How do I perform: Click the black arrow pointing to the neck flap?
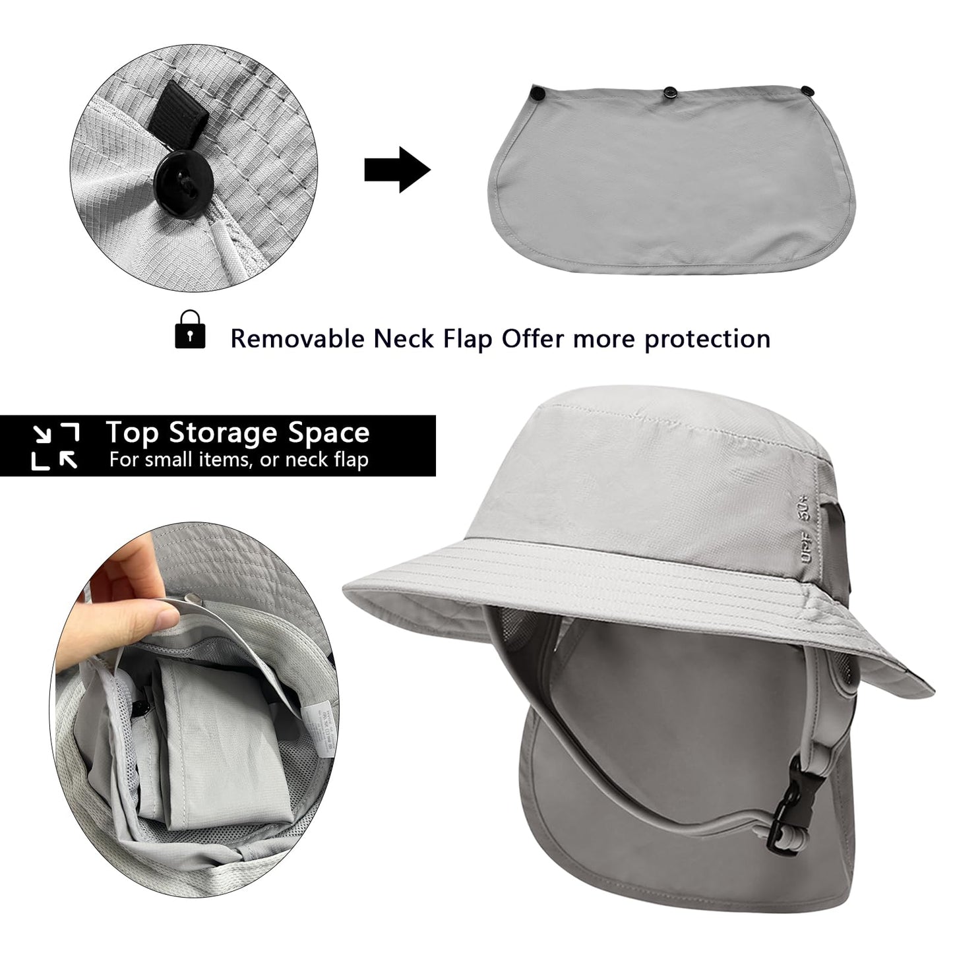coord(397,170)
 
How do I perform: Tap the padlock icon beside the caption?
coord(190,329)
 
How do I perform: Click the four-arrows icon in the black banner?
coord(56,446)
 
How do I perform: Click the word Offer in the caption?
coord(532,339)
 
